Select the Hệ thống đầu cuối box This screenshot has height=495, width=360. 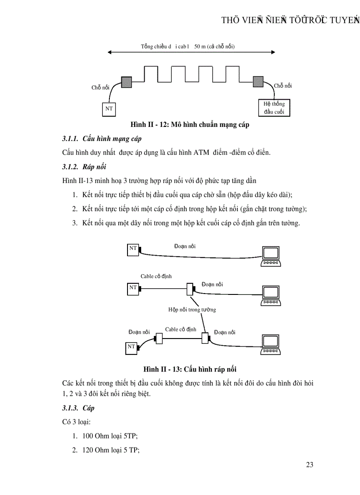pos(274,108)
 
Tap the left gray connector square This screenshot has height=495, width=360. pos(127,82)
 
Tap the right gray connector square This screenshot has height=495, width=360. pos(258,81)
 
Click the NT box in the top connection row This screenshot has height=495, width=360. pos(133,249)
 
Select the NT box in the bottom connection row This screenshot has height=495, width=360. pos(131,347)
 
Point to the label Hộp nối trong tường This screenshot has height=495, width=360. pos(192,310)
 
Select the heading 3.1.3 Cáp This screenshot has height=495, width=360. pos(79,408)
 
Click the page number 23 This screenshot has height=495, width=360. pos(309,465)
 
